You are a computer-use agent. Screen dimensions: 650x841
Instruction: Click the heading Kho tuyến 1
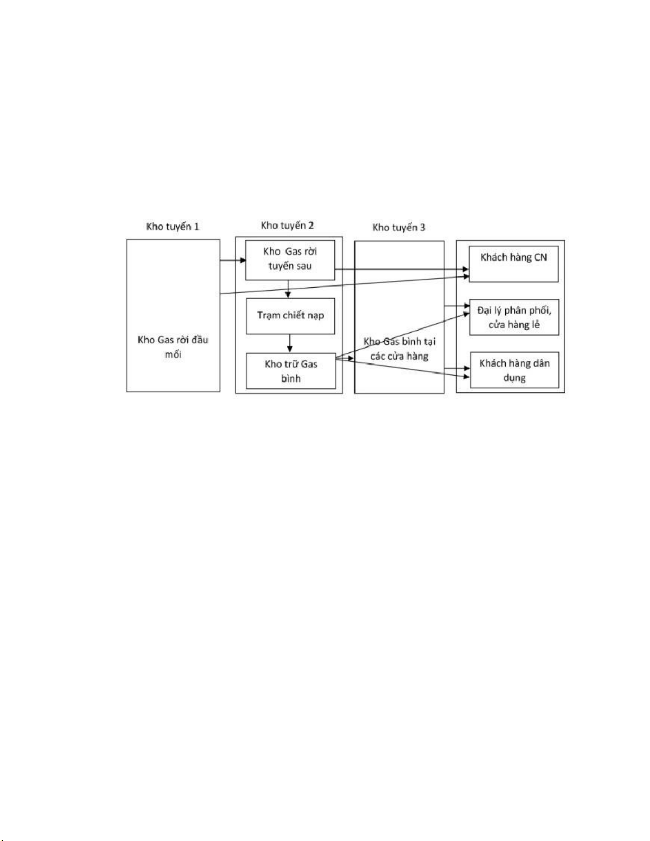172,227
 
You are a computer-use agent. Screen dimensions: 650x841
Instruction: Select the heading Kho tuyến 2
287,226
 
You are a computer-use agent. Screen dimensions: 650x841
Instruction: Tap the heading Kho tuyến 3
398,228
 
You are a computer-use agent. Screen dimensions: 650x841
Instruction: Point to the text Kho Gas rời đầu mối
173,347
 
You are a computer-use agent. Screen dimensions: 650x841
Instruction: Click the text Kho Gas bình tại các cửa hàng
399,349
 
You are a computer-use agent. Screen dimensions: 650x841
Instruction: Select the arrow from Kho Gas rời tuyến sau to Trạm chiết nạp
288,289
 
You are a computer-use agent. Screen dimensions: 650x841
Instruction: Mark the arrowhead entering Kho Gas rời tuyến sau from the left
243,261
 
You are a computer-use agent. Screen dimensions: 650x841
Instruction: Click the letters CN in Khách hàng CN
541,257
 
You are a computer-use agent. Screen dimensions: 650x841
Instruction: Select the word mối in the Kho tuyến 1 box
173,354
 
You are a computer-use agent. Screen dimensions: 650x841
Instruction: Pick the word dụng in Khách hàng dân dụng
514,378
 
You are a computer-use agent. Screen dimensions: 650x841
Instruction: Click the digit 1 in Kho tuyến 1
196,227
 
